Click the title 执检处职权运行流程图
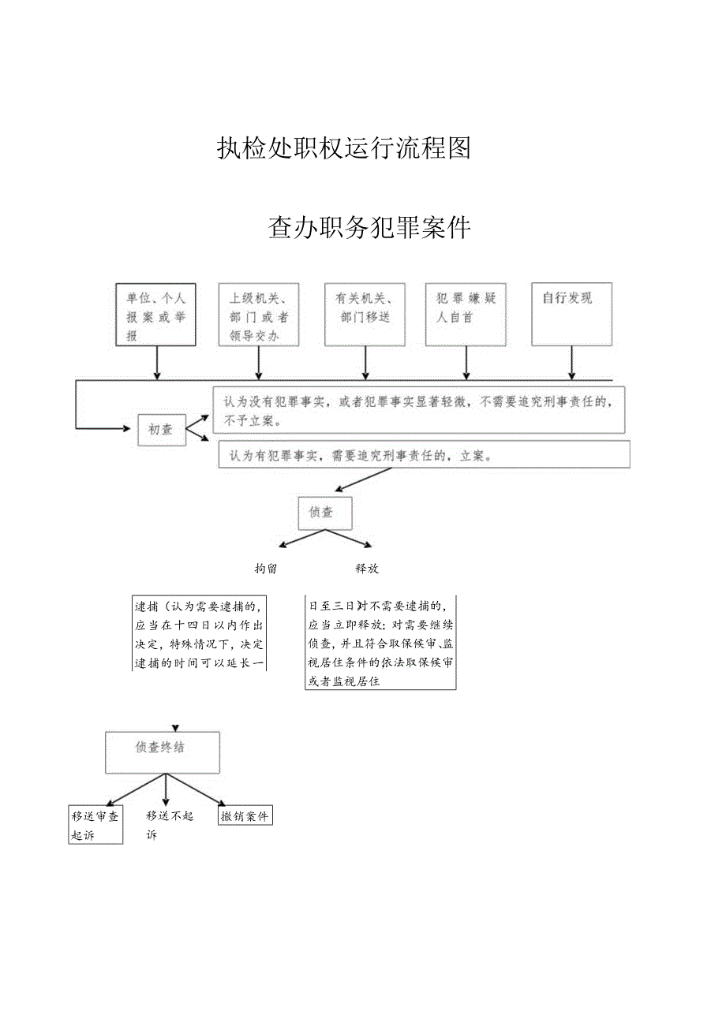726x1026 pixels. pyautogui.click(x=343, y=148)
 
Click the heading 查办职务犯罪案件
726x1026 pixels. pyautogui.click(x=369, y=228)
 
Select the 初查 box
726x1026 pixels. pyautogui.click(x=161, y=430)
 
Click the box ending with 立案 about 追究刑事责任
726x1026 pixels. pyautogui.click(x=424, y=455)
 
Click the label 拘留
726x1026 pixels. pyautogui.click(x=266, y=568)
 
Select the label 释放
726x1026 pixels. pyautogui.click(x=367, y=568)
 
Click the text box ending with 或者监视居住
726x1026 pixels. pyautogui.click(x=380, y=643)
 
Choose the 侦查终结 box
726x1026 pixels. pyautogui.click(x=163, y=752)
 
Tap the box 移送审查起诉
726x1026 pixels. pyautogui.click(x=95, y=826)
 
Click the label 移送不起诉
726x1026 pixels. pyautogui.click(x=169, y=826)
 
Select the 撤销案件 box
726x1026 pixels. pyautogui.click(x=245, y=817)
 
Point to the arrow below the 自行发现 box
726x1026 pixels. pyautogui.click(x=571, y=363)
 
